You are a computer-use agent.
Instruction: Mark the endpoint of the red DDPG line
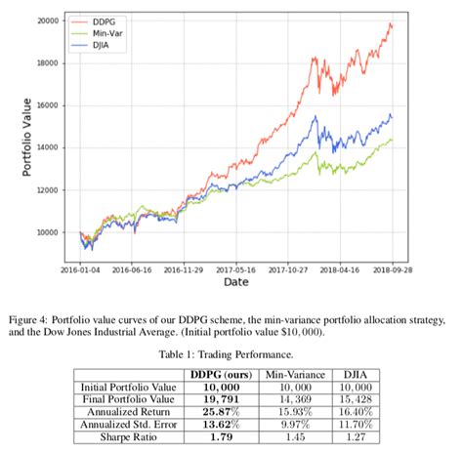(x=393, y=23)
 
